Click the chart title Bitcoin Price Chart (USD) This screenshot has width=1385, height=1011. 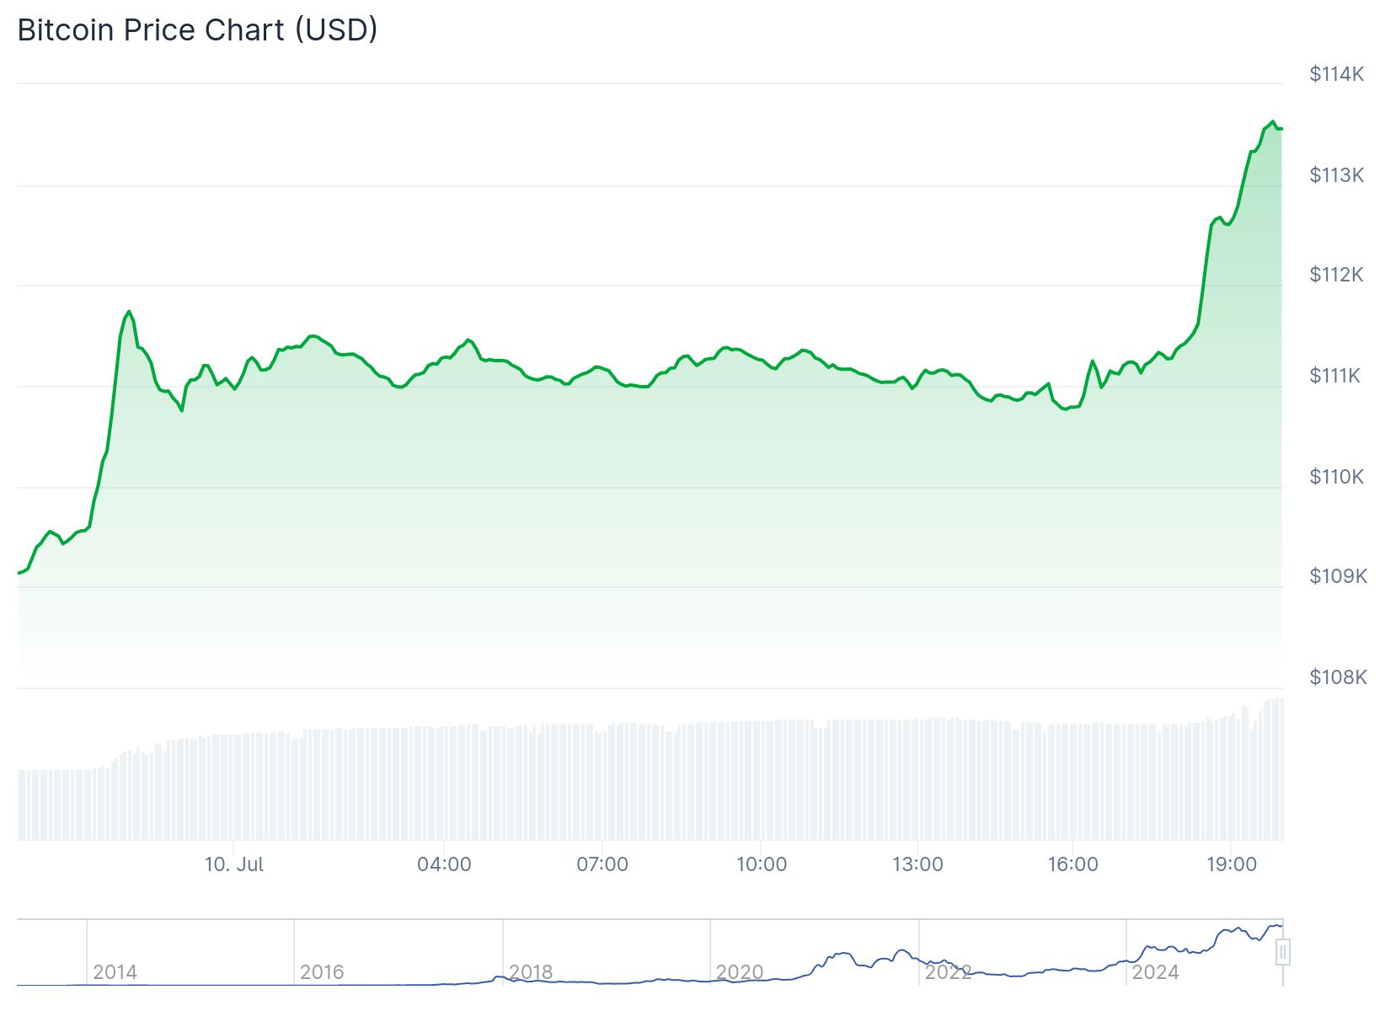(x=197, y=30)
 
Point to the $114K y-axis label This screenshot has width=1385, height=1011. (x=1336, y=74)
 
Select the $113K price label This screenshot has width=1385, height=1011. (x=1336, y=175)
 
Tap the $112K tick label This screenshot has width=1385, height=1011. (x=1336, y=275)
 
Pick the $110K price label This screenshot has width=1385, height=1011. (x=1336, y=477)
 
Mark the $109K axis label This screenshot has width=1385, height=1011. (x=1338, y=576)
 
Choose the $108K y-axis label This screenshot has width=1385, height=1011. (x=1338, y=677)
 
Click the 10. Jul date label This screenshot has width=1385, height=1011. (x=233, y=864)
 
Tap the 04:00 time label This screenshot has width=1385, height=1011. (x=444, y=864)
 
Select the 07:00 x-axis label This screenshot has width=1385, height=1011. (x=602, y=864)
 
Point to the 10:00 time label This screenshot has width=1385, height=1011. (x=762, y=864)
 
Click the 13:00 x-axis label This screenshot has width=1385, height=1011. (x=917, y=864)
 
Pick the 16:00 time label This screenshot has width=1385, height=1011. (x=1072, y=864)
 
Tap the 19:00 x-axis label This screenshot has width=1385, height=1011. (x=1232, y=864)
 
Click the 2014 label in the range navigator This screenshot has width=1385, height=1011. (x=115, y=972)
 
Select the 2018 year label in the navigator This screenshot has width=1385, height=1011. (x=531, y=972)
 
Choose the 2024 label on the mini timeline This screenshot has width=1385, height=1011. (x=1155, y=972)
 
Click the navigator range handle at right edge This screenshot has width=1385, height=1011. (x=1283, y=953)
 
